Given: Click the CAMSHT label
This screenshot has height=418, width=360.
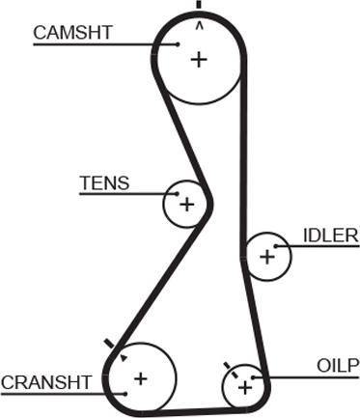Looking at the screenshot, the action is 72,33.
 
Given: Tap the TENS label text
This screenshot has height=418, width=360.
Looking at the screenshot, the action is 104,182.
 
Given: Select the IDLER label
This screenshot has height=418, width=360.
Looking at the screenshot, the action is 331,236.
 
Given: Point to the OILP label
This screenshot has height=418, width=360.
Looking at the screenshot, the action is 338,366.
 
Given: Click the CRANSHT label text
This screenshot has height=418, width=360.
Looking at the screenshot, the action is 46,382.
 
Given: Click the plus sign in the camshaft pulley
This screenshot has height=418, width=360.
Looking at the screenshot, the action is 199,60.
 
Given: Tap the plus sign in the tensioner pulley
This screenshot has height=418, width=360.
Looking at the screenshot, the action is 187,205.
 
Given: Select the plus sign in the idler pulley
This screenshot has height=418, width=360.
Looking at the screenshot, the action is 267,257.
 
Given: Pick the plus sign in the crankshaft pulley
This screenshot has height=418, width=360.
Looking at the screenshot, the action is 141,378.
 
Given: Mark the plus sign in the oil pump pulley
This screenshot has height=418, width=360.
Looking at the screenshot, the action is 245,388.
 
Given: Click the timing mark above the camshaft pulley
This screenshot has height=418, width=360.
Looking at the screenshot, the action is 199,4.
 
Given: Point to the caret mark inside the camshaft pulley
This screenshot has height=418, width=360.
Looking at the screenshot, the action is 200,25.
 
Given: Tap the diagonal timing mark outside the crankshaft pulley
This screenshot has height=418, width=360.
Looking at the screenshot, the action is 109,344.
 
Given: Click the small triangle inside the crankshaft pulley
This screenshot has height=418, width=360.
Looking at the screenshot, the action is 123,358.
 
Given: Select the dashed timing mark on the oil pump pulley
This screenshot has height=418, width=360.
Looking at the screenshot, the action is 231,370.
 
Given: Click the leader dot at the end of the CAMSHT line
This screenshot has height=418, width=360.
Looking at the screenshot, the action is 178,44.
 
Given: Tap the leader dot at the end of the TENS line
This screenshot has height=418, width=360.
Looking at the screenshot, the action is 177,194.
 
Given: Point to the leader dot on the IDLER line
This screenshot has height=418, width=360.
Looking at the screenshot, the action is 276,246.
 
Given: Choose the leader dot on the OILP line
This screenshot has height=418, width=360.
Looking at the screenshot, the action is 254,377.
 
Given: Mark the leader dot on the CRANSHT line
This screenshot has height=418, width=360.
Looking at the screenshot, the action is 125,394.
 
